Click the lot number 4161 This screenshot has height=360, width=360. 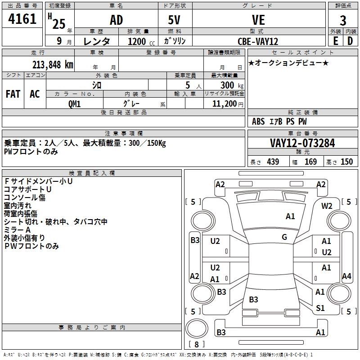click(x=22, y=20)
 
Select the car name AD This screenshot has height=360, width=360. click(x=116, y=20)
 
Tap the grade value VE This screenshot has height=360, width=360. click(x=259, y=20)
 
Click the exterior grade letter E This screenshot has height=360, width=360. click(x=335, y=41)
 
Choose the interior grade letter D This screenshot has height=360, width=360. click(x=350, y=41)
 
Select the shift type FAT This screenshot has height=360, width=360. click(x=13, y=94)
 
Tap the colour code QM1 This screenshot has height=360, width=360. click(x=74, y=103)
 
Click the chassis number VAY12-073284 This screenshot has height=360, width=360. click(x=302, y=143)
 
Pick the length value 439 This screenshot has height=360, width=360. click(x=273, y=162)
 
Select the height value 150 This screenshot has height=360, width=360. click(x=346, y=162)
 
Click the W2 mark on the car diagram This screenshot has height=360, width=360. click(x=327, y=206)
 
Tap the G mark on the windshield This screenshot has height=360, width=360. click(x=284, y=237)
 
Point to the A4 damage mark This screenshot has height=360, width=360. click(x=346, y=276)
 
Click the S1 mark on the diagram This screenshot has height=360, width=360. click(x=320, y=308)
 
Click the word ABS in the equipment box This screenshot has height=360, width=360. click(x=258, y=121)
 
